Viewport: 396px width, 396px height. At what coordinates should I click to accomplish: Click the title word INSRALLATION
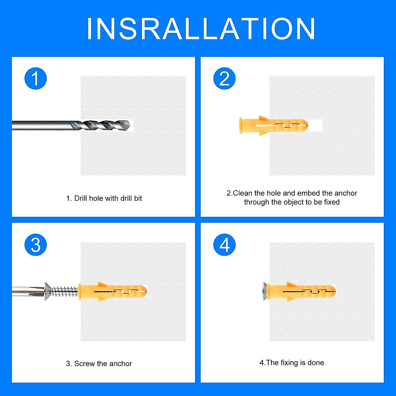coord(201,29)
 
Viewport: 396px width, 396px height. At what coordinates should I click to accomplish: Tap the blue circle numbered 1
coord(36,79)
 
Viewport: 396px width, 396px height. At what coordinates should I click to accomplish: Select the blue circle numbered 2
coord(224,79)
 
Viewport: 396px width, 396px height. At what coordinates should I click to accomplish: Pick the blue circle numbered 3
coord(36,245)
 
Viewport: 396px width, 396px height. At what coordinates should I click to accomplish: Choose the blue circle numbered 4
coord(224,245)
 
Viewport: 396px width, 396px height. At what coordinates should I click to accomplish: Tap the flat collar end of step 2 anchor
coord(240,126)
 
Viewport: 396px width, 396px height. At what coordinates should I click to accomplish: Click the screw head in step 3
coord(48,291)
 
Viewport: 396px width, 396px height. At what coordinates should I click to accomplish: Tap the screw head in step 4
coord(264,291)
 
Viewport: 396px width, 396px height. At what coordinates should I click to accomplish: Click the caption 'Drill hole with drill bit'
coord(104,198)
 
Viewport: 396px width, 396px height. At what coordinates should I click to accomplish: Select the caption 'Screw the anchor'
coord(99,364)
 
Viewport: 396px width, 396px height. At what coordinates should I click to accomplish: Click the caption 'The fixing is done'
coord(292,363)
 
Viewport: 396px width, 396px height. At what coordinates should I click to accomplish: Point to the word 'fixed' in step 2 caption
coord(332,202)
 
